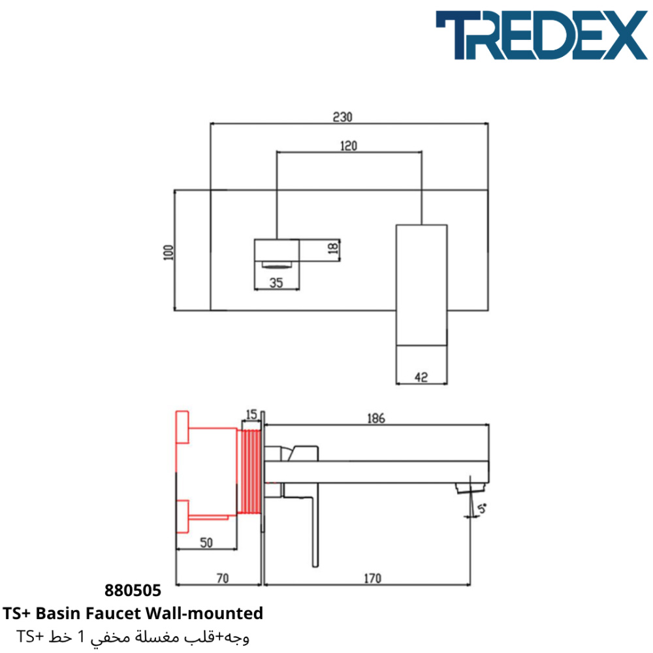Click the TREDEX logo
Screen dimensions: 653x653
(541, 35)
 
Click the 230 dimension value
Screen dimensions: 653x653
(342, 117)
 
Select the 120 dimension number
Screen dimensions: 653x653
(349, 146)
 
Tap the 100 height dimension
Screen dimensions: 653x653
(168, 252)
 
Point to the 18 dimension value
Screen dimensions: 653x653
(333, 249)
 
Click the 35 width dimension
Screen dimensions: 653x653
(276, 283)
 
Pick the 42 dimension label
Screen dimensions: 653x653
(421, 377)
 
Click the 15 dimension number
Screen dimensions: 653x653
(251, 415)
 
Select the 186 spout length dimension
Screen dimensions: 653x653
(375, 418)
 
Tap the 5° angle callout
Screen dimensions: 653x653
(482, 509)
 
